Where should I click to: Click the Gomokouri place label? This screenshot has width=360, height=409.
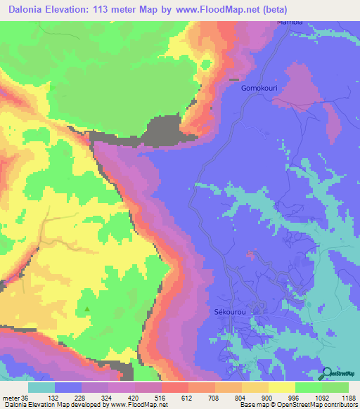tap(259, 89)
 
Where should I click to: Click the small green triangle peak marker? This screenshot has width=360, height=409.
tap(87, 309)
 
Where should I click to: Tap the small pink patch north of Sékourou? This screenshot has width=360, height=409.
tap(250, 254)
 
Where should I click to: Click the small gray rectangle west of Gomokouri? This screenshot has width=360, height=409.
tap(233, 79)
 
